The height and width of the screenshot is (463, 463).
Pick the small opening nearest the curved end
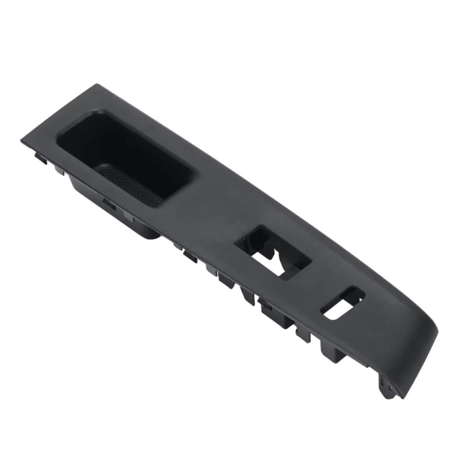(343, 303)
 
